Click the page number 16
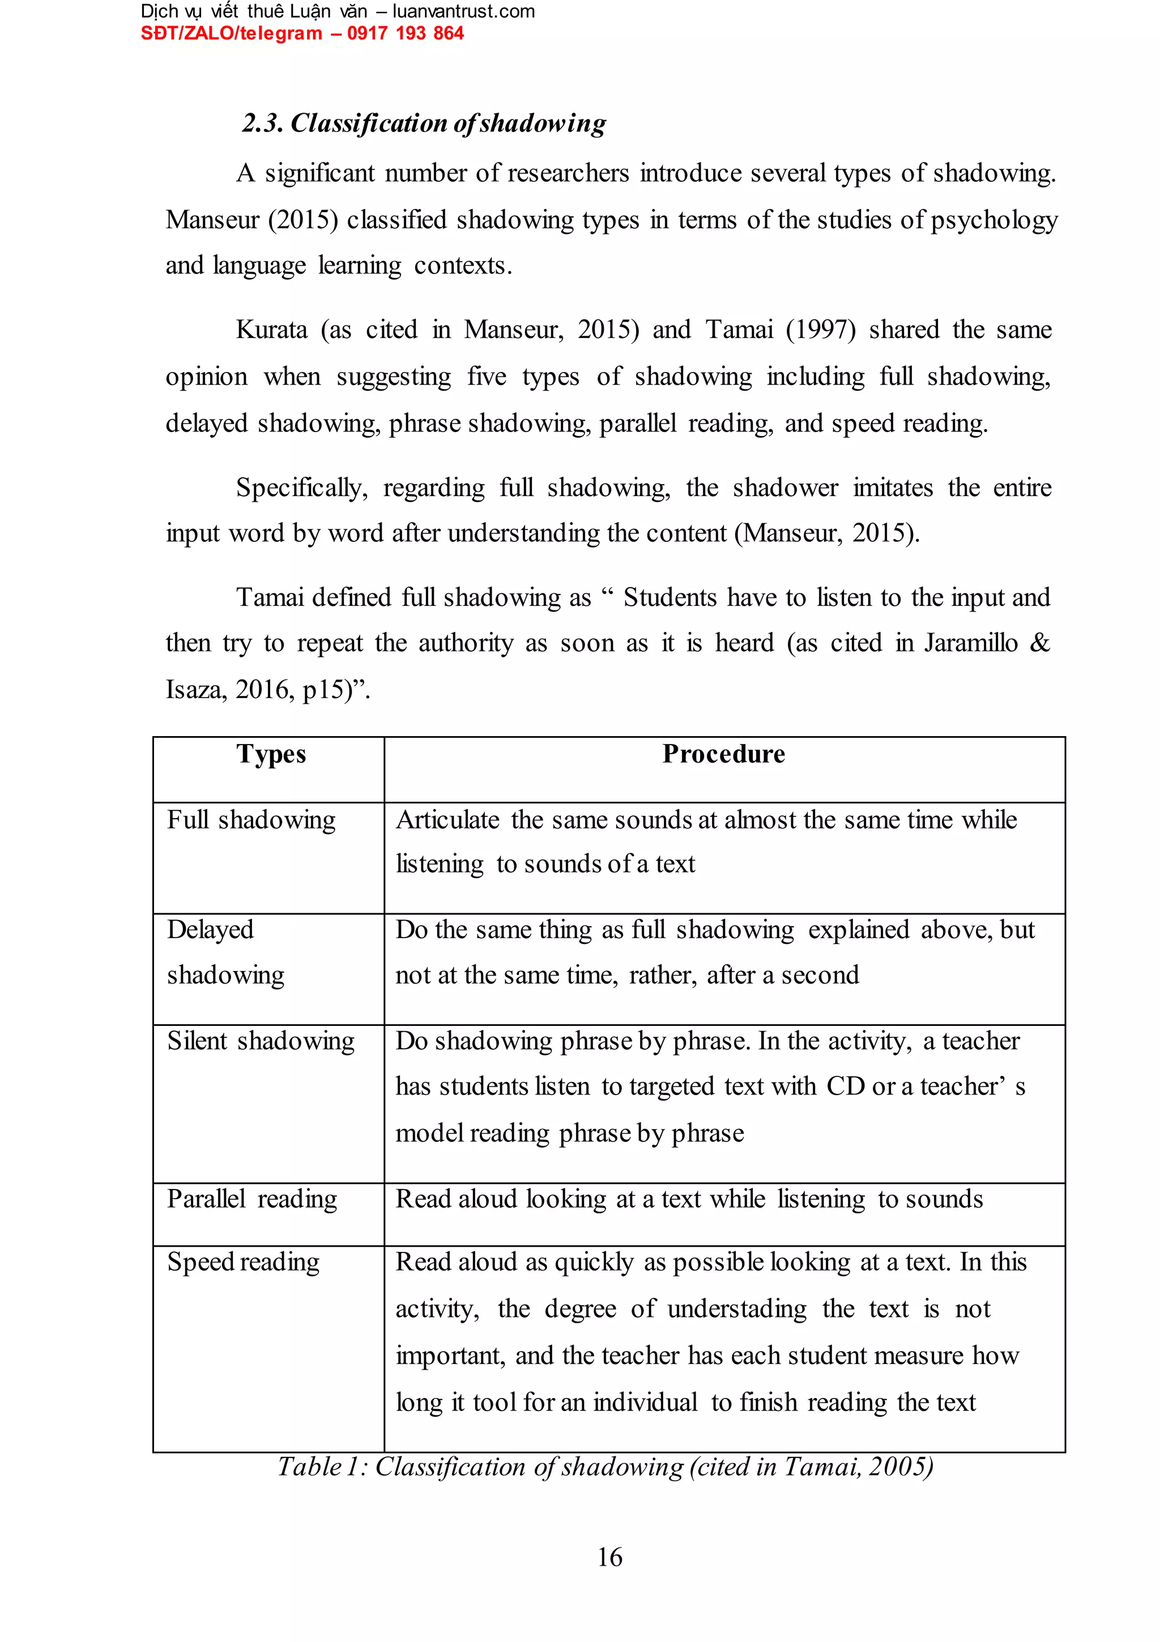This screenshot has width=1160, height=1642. pyautogui.click(x=609, y=1557)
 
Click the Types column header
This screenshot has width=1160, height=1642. pyautogui.click(x=271, y=755)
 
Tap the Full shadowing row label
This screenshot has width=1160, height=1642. pyautogui.click(x=251, y=820)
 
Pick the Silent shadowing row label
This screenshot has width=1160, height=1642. pyautogui.click(x=261, y=1041)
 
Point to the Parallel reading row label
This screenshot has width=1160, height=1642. pyautogui.click(x=252, y=1199)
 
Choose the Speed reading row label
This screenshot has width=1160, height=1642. pyautogui.click(x=244, y=1262)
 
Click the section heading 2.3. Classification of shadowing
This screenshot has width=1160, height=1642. pyautogui.click(x=424, y=123)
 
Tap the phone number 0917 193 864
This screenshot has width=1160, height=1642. pyautogui.click(x=405, y=33)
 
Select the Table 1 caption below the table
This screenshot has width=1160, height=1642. pyautogui.click(x=605, y=1467)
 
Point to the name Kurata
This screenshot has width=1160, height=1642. pyautogui.click(x=271, y=330)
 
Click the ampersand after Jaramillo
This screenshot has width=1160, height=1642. pyautogui.click(x=1039, y=643)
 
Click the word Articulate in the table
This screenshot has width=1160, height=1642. pyautogui.click(x=447, y=820)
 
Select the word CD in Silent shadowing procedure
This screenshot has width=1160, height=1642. pyautogui.click(x=845, y=1087)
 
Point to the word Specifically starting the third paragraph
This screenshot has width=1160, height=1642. pyautogui.click(x=301, y=488)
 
